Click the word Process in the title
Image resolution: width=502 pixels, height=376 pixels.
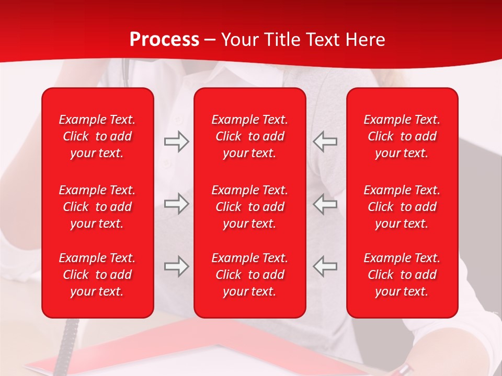pos(164,40)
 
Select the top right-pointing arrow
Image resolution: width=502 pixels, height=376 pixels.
pos(176,142)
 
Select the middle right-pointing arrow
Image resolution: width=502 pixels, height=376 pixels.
pos(176,204)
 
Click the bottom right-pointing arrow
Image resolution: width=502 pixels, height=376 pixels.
pos(176,266)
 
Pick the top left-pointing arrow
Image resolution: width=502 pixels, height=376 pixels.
pos(325,142)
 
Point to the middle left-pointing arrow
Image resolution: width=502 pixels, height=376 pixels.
pos(325,204)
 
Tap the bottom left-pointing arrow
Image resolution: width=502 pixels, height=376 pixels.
pos(325,266)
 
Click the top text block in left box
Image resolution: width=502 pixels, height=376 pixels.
pos(97,136)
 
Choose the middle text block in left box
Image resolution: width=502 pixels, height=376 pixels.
pos(97,207)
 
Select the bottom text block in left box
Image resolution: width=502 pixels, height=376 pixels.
pos(97,275)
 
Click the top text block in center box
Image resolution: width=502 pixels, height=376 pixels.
pos(249,136)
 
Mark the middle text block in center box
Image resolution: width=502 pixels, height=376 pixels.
pos(249,207)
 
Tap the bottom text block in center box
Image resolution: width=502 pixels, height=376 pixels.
pos(249,275)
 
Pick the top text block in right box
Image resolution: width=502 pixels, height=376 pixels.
pos(402,136)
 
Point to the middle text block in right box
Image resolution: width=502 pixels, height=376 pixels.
pos(402,207)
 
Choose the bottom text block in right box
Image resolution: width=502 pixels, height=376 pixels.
pos(402,275)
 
